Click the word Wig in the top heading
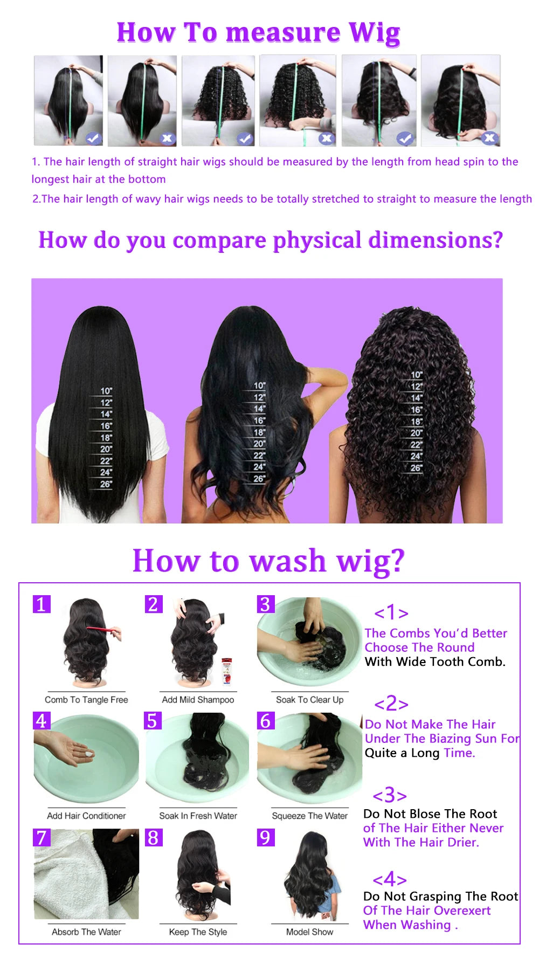pos(375,33)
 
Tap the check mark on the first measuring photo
pos(93,138)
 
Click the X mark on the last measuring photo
pos(489,138)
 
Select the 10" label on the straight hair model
pos(106,391)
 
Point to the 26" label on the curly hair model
pos(416,468)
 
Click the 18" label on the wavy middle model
pos(259,432)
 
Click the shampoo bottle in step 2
pos(227,671)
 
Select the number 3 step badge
pos(265,604)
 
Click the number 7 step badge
pos(42,838)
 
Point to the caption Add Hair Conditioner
pos(86,816)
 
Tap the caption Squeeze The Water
pos(309,816)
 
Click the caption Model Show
pos(309,932)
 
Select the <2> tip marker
pos(391,704)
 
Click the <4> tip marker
pos(389,879)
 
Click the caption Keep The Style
pos(198,932)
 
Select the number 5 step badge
pos(153,721)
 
